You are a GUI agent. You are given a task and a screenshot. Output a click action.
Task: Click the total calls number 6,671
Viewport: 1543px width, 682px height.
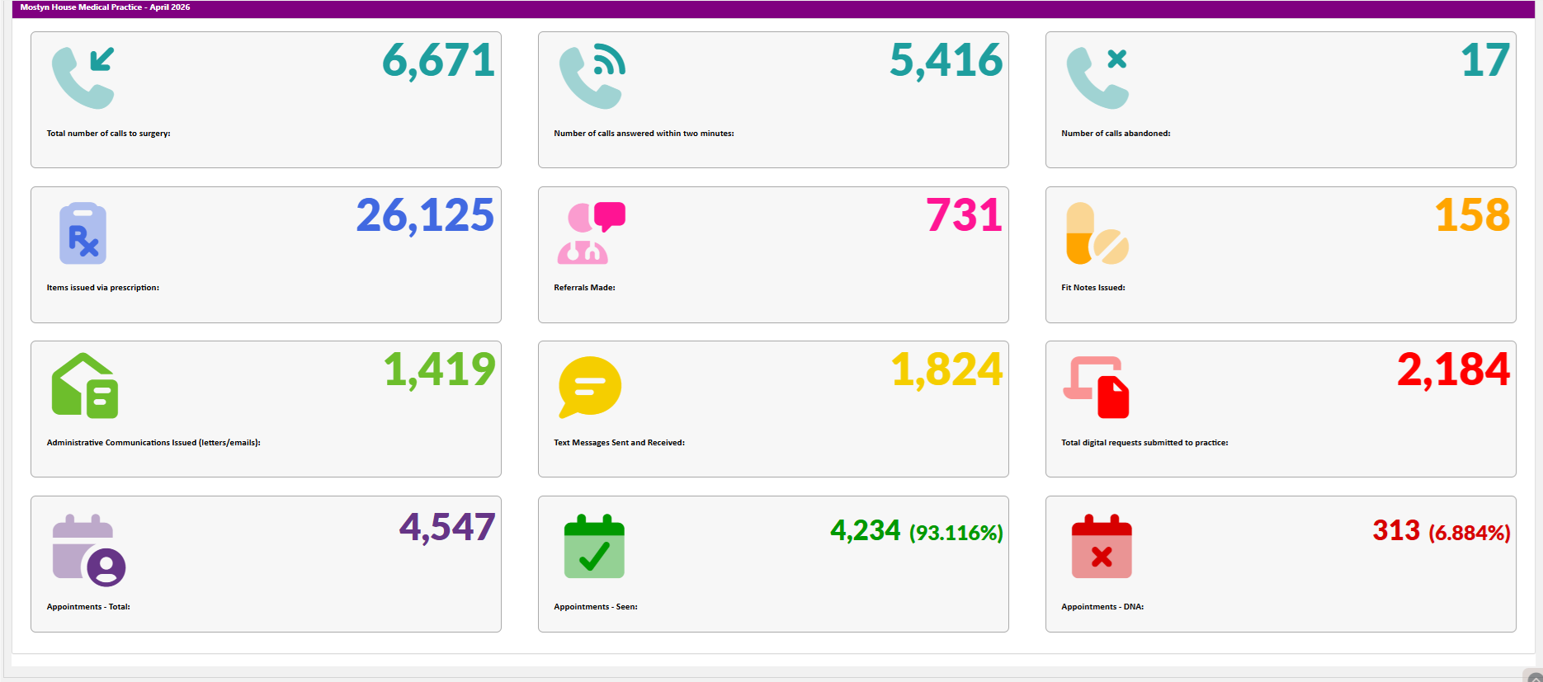tap(438, 61)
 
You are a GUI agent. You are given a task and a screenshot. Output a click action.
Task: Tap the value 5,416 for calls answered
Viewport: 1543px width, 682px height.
tap(946, 61)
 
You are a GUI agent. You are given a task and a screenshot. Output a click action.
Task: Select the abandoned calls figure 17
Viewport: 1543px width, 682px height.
tap(1485, 60)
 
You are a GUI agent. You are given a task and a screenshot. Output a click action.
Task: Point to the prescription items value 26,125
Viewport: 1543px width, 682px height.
tap(425, 216)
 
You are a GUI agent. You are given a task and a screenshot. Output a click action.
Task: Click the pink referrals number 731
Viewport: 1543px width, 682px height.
tap(964, 215)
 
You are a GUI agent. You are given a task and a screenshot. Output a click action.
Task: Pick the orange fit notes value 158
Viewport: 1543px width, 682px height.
tap(1472, 215)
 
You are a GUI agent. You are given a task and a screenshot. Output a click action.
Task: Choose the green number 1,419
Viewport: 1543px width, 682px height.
tap(440, 370)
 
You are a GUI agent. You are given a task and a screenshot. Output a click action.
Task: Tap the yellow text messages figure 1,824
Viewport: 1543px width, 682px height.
tap(947, 370)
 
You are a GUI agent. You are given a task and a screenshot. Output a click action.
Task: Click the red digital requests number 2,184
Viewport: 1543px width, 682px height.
tap(1454, 370)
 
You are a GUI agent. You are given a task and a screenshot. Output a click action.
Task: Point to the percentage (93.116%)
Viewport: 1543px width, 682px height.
tap(956, 533)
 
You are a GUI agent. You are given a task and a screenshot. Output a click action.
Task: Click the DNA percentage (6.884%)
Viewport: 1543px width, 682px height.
tap(1470, 533)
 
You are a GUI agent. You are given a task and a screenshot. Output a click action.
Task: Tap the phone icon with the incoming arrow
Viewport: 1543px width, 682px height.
tap(83, 78)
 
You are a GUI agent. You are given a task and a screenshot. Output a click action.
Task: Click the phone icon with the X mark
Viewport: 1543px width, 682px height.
tap(1097, 78)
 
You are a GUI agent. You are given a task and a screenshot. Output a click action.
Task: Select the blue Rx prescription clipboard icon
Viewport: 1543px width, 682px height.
tap(83, 233)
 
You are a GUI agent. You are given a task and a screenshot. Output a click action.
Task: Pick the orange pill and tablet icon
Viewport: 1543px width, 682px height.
tap(1097, 233)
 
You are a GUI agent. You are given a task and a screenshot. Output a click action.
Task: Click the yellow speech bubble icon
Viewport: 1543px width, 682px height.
tap(590, 387)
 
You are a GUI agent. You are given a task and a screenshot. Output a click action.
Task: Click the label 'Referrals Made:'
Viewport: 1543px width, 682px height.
tap(584, 288)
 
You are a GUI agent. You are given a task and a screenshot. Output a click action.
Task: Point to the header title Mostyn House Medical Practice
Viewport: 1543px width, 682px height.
tap(81, 7)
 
